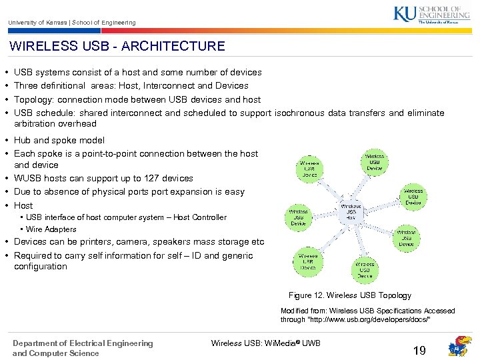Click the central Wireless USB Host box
tap(351, 212)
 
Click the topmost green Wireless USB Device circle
tap(374, 162)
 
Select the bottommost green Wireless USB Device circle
tap(365, 269)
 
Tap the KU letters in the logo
tap(404, 13)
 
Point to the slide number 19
tap(419, 350)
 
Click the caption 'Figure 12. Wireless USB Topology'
tap(349, 295)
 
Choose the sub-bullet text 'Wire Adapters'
tap(51, 229)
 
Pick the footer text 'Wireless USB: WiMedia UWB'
tap(265, 343)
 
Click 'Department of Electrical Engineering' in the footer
tap(83, 343)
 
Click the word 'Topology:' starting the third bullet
tap(34, 99)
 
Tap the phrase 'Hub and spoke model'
tap(59, 140)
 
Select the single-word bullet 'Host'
tap(23, 205)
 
